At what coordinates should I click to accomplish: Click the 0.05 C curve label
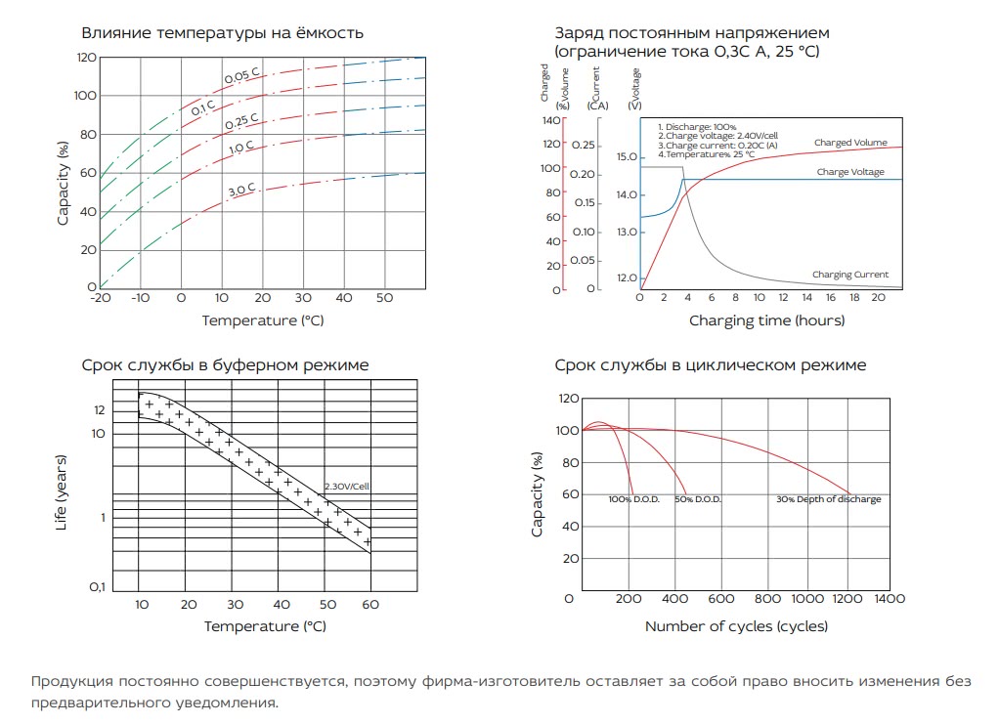[240, 76]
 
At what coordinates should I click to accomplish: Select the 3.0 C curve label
[242, 189]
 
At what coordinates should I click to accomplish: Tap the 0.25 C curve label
[241, 122]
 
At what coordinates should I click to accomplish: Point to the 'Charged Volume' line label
[850, 143]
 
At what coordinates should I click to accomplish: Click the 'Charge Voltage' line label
[850, 172]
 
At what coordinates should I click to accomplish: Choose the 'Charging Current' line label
[850, 275]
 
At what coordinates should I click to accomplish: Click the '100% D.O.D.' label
[633, 499]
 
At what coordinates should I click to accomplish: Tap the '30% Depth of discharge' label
[828, 499]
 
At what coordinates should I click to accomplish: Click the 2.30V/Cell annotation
[347, 486]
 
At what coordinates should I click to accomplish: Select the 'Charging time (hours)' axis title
[766, 320]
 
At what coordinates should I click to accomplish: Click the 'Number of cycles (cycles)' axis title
[736, 625]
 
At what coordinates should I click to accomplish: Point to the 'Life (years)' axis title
[62, 493]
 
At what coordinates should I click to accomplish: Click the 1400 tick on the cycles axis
[890, 598]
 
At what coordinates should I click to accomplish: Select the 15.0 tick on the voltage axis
[626, 156]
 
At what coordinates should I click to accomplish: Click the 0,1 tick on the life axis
[97, 587]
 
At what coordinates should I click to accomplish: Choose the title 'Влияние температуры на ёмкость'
[222, 32]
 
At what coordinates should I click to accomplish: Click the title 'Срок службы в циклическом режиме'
[710, 365]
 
